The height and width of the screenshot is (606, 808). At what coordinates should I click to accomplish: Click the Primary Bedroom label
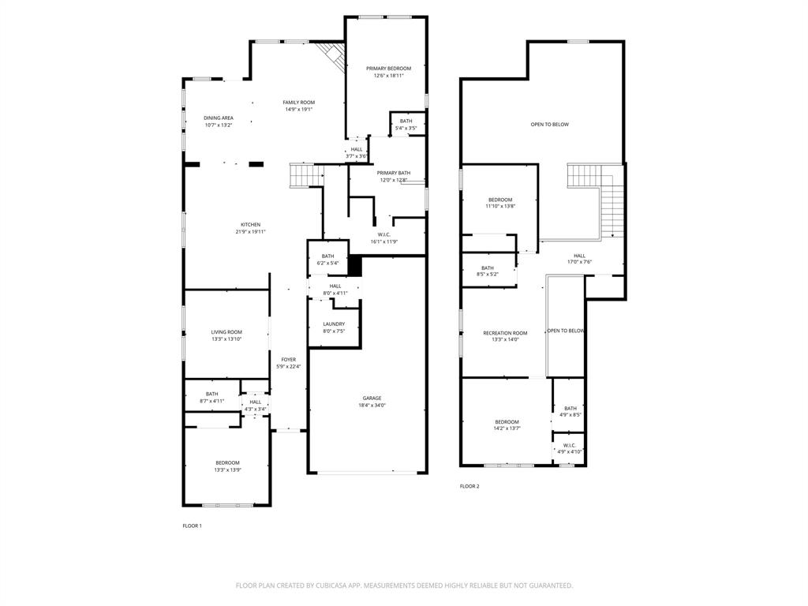point(388,69)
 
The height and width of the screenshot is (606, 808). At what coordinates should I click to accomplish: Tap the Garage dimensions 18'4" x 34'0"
point(372,406)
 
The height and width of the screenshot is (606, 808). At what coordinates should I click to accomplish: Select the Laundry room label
point(334,324)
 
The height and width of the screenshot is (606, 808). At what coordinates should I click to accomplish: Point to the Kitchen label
point(250,224)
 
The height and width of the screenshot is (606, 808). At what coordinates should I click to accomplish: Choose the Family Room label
point(299,103)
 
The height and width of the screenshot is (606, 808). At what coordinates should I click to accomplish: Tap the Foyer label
point(289,359)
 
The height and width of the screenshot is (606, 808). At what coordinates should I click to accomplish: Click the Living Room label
point(226,331)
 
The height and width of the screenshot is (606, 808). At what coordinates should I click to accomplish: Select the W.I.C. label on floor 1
point(384,234)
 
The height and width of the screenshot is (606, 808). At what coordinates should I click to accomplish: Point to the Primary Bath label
point(393,173)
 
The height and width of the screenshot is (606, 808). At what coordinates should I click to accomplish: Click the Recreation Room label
point(505,333)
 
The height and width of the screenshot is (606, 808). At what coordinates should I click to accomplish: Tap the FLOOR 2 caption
point(469,486)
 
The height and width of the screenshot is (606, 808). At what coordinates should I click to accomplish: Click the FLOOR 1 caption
point(193,526)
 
